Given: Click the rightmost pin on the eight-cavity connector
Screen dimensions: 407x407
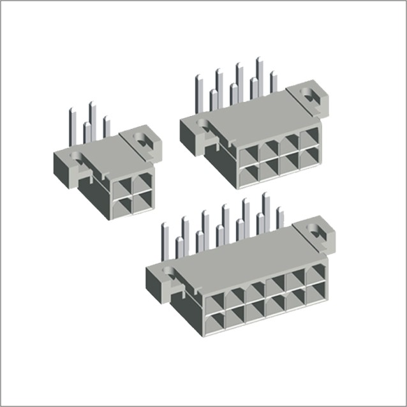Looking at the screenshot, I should [274, 82].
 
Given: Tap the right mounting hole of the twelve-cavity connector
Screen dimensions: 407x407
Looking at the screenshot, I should [316, 230].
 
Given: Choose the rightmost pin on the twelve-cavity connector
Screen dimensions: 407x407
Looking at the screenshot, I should [280, 218].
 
